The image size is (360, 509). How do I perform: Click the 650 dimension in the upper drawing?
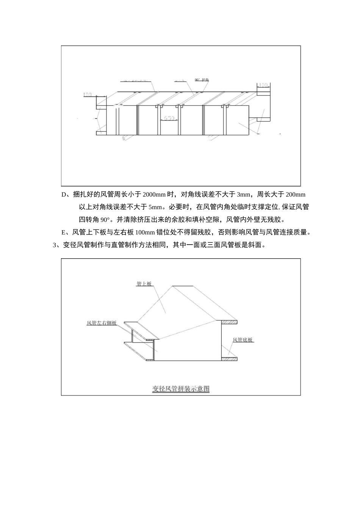coord(169,118)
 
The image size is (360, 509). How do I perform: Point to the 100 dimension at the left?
coord(88,94)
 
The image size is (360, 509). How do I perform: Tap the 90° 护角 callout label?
coord(202,80)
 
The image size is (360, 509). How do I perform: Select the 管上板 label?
coord(144,283)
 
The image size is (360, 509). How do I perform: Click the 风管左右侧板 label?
coord(102,323)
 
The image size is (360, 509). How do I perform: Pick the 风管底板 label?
coord(243,340)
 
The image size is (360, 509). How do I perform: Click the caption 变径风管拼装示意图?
coord(181,389)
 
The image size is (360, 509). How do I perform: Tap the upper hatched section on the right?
coord(229,322)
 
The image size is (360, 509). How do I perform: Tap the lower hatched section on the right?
coord(229,358)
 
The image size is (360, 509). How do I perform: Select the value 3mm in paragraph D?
coord(243,195)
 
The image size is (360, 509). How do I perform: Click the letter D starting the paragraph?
coord(64,195)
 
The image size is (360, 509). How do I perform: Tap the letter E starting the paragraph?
coord(64,232)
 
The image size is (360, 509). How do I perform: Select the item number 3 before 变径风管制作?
coord(55,245)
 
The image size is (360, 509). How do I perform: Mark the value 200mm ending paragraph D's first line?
coord(295,195)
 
